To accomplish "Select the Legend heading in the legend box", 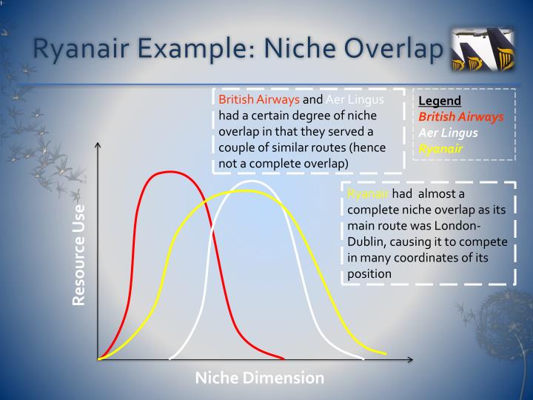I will pyautogui.click(x=440, y=101).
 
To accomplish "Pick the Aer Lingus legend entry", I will pyautogui.click(x=448, y=133).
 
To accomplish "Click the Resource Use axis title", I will pyautogui.click(x=78, y=254).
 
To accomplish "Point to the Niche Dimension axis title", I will pyautogui.click(x=259, y=378).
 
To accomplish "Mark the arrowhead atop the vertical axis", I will pyautogui.click(x=98, y=146).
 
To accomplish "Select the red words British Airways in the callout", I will pyautogui.click(x=259, y=100).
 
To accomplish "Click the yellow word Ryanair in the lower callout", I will pyautogui.click(x=368, y=194).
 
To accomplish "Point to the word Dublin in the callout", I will pyautogui.click(x=368, y=242).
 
